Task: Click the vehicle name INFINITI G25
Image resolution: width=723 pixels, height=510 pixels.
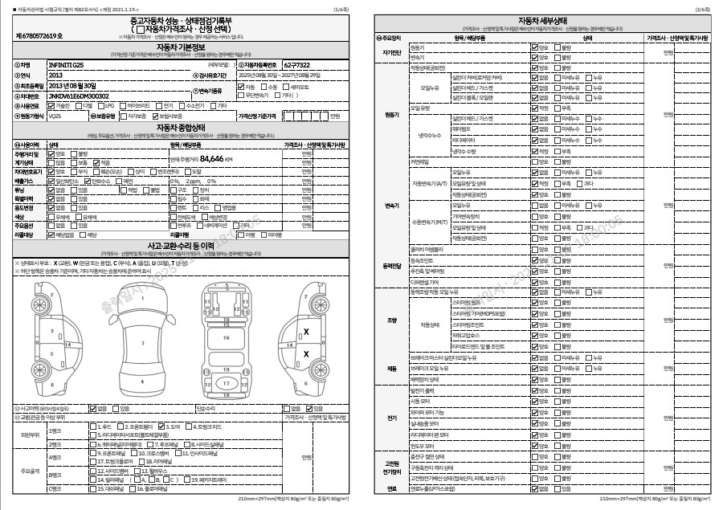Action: (66, 64)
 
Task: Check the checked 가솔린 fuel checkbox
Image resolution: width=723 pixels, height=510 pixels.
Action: (52, 105)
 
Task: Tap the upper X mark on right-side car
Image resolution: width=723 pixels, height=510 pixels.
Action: (306, 331)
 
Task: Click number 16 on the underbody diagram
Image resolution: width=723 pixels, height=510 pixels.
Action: (227, 337)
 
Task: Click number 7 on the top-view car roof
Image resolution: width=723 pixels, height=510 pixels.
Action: (142, 343)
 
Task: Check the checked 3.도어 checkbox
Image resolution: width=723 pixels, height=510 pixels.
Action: (163, 426)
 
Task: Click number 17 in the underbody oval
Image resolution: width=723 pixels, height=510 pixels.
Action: (227, 384)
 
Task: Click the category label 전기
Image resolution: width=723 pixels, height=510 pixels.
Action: (392, 418)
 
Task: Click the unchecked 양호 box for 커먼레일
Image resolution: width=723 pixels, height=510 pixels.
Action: (535, 161)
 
